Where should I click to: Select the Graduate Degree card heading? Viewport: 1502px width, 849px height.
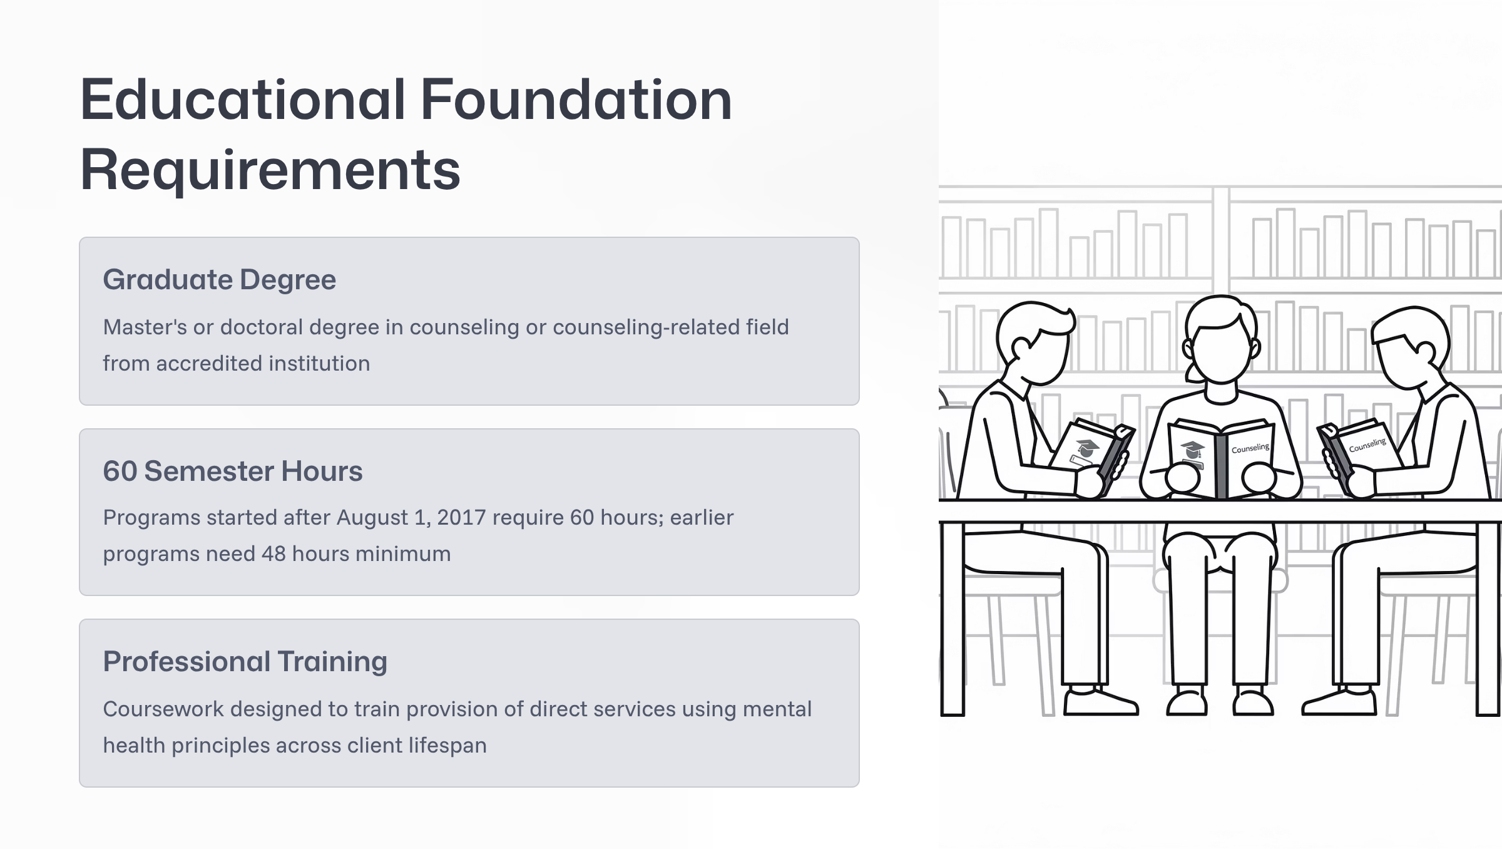pos(220,280)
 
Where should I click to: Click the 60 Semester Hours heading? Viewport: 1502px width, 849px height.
pos(233,471)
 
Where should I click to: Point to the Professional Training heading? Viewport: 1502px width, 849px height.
pos(245,662)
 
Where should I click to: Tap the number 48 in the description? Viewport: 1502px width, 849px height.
pos(273,554)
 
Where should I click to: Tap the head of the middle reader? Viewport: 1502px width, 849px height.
pos(1220,341)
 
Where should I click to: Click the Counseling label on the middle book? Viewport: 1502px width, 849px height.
pos(1250,448)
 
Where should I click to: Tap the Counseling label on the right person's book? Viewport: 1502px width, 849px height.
pos(1367,445)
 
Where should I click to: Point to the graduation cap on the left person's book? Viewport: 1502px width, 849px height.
pos(1087,447)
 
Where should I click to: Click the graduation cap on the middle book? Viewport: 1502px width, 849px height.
pos(1192,450)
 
